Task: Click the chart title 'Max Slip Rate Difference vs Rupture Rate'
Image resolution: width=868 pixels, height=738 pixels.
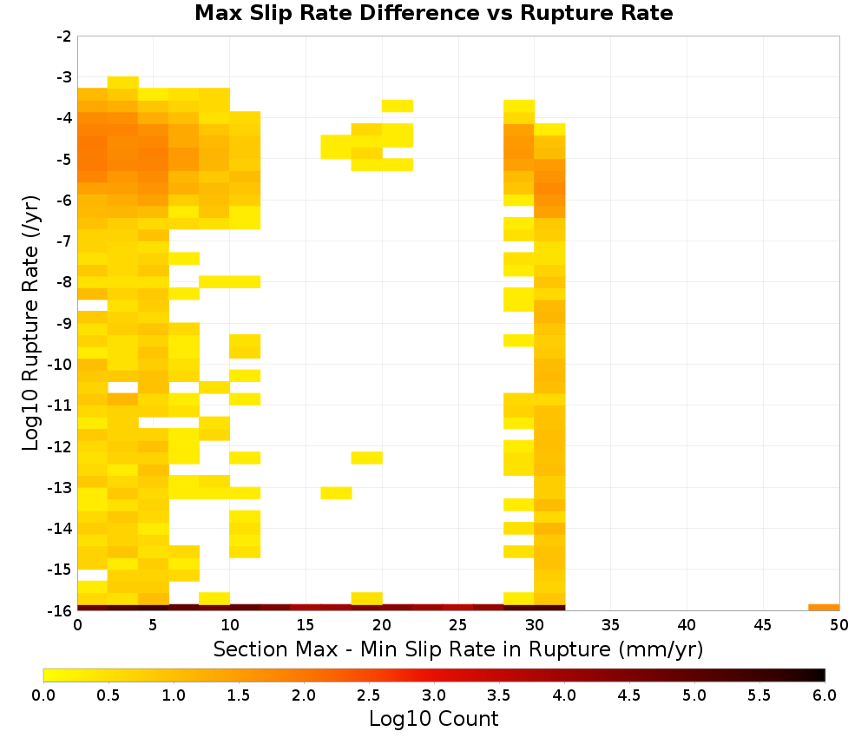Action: [433, 13]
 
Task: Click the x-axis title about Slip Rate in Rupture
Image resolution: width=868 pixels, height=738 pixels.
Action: [457, 649]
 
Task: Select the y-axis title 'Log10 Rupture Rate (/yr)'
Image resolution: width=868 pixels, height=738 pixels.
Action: [31, 323]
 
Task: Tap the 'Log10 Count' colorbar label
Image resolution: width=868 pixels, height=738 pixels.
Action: [433, 719]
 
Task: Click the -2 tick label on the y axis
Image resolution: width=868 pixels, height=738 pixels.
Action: [64, 36]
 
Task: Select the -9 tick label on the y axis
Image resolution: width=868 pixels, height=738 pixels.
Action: [64, 323]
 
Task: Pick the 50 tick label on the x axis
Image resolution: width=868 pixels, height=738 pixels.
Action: [839, 625]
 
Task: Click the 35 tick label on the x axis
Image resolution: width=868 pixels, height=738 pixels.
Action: [610, 625]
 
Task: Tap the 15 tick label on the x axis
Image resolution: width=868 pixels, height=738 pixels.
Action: [306, 625]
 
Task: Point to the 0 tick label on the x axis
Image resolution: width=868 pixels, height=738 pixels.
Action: [77, 625]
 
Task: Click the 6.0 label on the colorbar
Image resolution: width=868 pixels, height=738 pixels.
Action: [825, 695]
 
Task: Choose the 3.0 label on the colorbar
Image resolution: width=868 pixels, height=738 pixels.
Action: [433, 695]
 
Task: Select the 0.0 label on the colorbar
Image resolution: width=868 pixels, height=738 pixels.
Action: [43, 695]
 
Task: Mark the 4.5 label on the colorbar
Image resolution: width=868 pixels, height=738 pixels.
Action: [628, 695]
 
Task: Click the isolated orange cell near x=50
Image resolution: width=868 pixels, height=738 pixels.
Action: [824, 608]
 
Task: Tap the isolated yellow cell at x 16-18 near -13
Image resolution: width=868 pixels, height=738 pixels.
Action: [336, 493]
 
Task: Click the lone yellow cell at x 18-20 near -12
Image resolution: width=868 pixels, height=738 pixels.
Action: [366, 458]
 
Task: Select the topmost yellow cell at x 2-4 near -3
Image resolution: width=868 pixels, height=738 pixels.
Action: [123, 82]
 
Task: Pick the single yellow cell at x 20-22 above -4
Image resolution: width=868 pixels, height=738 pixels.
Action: [397, 106]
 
